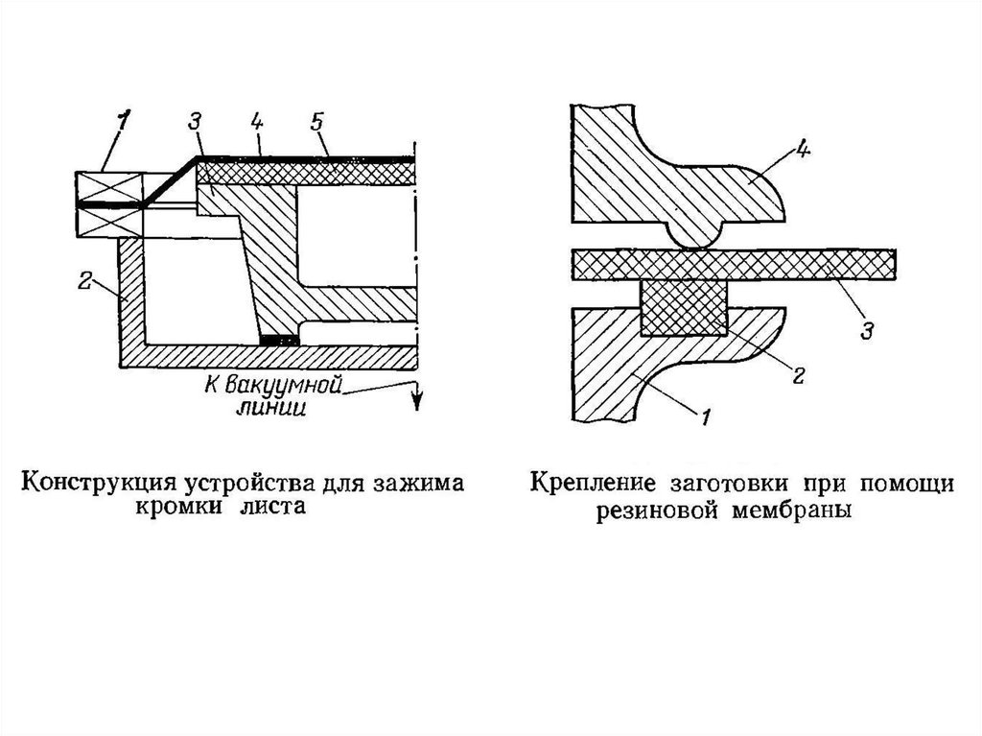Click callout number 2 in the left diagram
click(x=84, y=281)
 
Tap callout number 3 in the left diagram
click(x=196, y=123)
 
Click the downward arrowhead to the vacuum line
click(x=417, y=401)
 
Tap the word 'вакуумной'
click(x=288, y=387)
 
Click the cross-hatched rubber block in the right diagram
click(x=683, y=307)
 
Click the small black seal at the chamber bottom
click(x=279, y=339)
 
